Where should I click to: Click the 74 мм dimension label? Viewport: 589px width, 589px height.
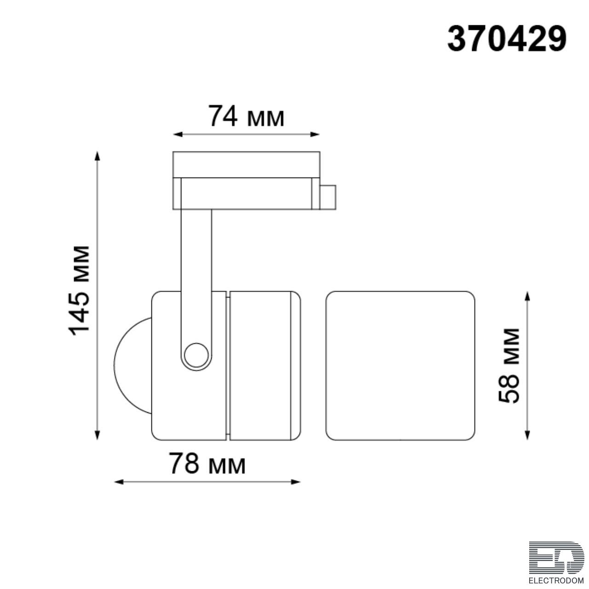tap(246, 116)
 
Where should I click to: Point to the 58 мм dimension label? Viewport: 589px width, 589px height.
tap(509, 366)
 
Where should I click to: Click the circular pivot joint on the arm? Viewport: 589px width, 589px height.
tap(196, 355)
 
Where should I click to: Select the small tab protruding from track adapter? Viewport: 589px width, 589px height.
tap(328, 197)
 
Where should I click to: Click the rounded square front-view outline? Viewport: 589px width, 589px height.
tap(400, 365)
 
